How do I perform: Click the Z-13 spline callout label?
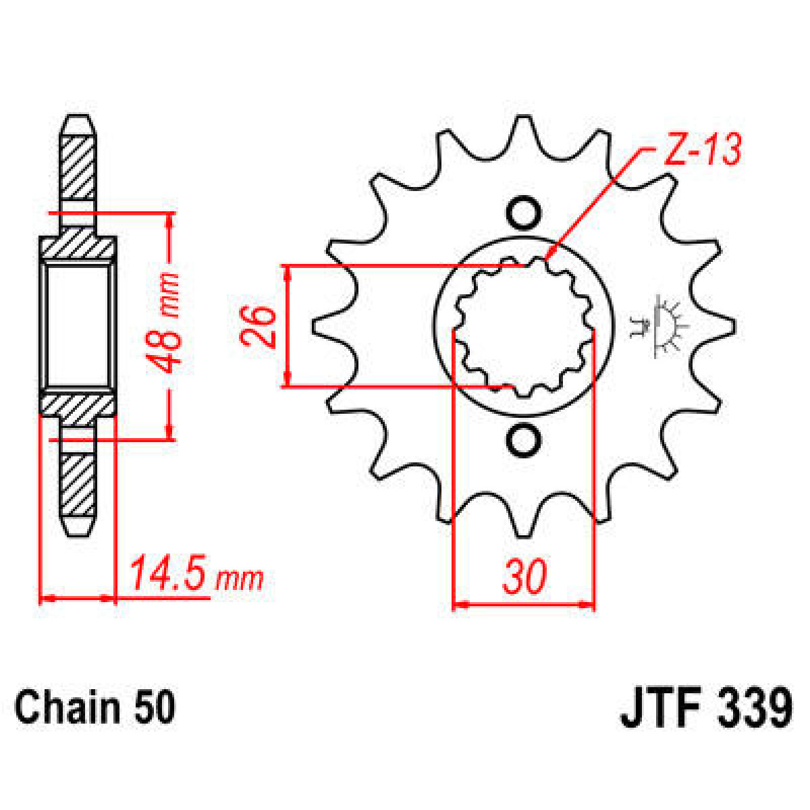(702, 150)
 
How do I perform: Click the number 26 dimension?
(259, 326)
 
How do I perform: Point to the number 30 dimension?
(524, 577)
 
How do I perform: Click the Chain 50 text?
(94, 708)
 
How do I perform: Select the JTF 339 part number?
(705, 708)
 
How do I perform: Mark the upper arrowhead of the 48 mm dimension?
(169, 219)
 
